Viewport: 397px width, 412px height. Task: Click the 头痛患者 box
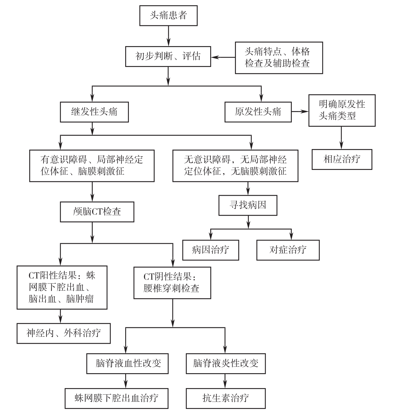pyautogui.click(x=168, y=16)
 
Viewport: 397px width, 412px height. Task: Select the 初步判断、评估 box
pyautogui.click(x=168, y=57)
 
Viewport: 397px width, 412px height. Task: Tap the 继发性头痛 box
pyautogui.click(x=94, y=112)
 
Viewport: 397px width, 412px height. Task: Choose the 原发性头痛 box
pyautogui.click(x=258, y=112)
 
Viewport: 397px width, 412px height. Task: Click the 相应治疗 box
pyautogui.click(x=342, y=159)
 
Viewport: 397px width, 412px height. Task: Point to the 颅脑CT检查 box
pyautogui.click(x=97, y=212)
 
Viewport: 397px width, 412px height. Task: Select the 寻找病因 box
pyautogui.click(x=248, y=205)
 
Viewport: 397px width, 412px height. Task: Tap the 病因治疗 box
pyautogui.click(x=211, y=250)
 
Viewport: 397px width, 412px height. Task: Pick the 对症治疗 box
pyautogui.click(x=288, y=250)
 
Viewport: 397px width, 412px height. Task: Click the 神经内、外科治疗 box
pyautogui.click(x=64, y=333)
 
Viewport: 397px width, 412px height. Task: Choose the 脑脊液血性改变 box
pyautogui.click(x=127, y=364)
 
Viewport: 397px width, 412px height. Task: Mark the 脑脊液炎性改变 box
pyautogui.click(x=226, y=364)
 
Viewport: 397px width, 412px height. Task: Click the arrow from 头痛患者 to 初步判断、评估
pyautogui.click(x=168, y=36)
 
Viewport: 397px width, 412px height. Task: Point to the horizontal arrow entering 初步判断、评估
pyautogui.click(x=223, y=57)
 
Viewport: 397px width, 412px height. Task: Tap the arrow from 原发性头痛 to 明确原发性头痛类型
pyautogui.click(x=300, y=112)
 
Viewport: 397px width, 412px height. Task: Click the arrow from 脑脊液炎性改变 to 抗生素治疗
pyautogui.click(x=225, y=381)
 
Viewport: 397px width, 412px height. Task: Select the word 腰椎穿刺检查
pyautogui.click(x=172, y=288)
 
